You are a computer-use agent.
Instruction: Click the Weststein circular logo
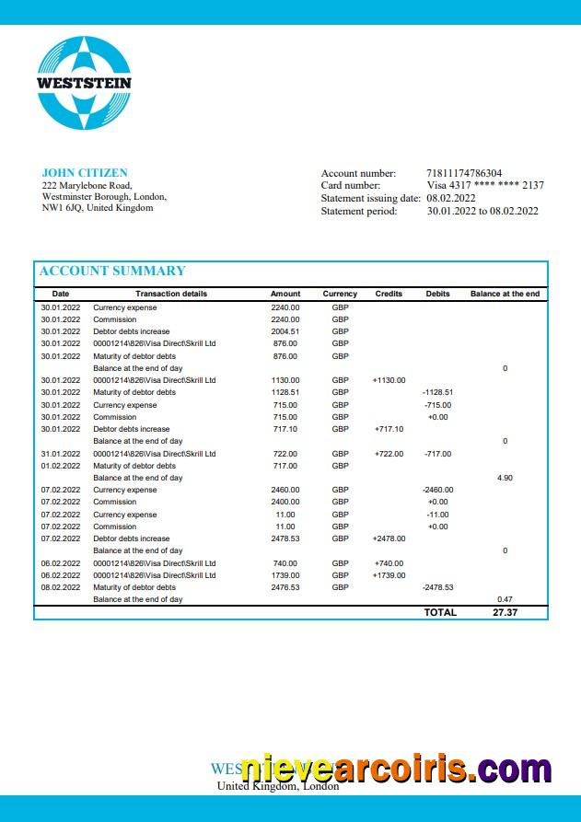coord(84,83)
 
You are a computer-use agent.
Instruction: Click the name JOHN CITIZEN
coord(85,173)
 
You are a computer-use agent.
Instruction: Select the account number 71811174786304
coord(464,173)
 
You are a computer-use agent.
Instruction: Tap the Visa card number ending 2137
coord(484,186)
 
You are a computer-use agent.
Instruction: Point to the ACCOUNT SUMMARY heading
coord(111,271)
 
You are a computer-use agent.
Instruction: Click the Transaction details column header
coord(171,294)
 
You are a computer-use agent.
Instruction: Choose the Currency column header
coord(340,294)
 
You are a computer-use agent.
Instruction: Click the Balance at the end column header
coord(505,294)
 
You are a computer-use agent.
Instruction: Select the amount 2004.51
coord(285,331)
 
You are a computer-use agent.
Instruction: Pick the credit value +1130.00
coord(389,380)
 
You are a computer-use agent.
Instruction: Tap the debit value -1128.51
coord(437,392)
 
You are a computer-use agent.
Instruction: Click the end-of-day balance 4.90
coord(505,478)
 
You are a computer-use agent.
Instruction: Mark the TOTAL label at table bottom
coord(440,612)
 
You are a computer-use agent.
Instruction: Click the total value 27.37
coord(505,612)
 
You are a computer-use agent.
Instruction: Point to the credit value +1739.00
coord(389,575)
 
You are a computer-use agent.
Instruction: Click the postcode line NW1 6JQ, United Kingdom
coord(98,208)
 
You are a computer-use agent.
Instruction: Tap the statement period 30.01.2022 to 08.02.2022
coord(482,212)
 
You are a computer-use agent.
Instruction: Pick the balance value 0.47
coord(505,599)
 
